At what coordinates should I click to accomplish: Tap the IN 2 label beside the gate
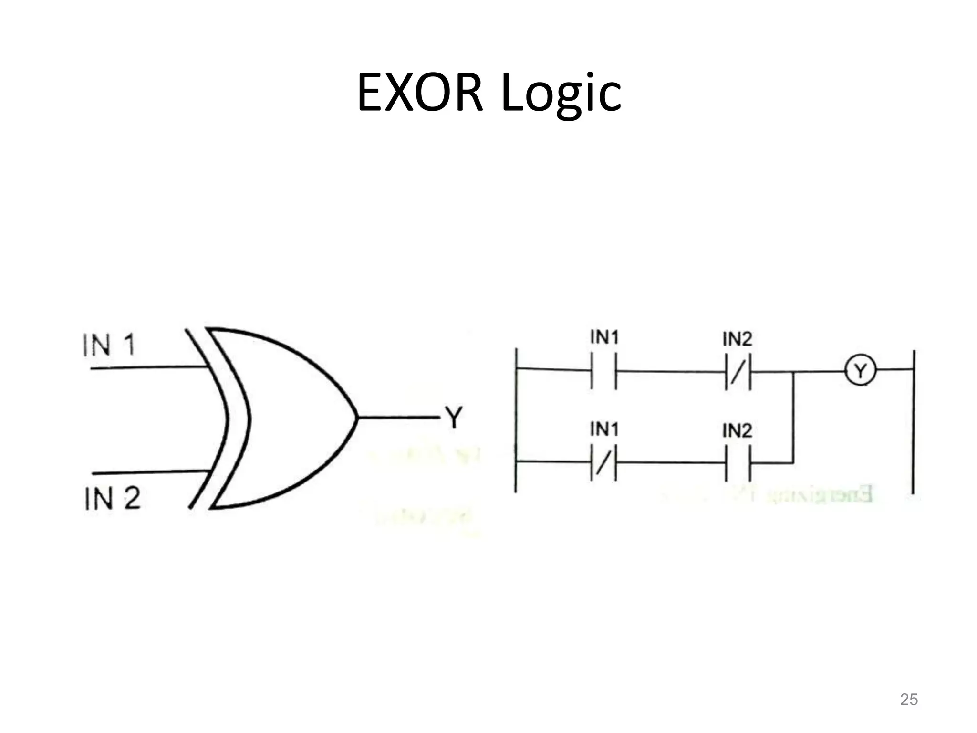112,499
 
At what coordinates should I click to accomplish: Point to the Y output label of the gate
454,418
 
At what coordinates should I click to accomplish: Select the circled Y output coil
861,370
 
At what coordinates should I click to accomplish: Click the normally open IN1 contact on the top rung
603,371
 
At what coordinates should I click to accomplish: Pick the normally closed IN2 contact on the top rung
738,371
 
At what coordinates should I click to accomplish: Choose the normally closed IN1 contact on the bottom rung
603,462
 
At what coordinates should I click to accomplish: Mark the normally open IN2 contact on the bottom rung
738,462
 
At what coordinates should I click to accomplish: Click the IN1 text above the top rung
604,337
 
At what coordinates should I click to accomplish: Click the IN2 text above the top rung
737,339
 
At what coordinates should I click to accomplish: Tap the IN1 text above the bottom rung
604,429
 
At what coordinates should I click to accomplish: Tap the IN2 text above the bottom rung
737,431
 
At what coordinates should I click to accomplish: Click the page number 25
908,699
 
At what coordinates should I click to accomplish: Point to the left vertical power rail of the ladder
516,420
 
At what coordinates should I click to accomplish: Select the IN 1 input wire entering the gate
148,367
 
